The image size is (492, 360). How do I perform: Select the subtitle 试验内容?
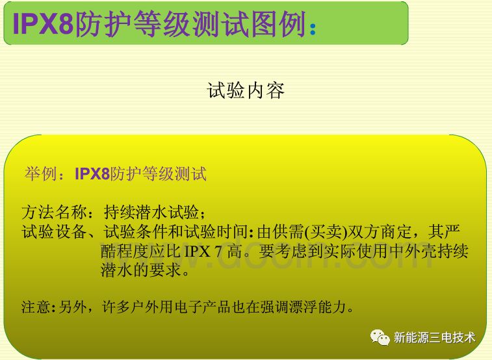(x=246, y=90)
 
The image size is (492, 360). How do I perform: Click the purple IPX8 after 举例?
(x=92, y=174)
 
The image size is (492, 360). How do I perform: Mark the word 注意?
(x=33, y=307)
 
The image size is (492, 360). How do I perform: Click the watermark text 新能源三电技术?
(x=434, y=337)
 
